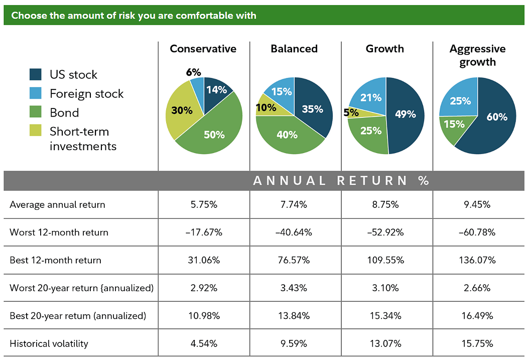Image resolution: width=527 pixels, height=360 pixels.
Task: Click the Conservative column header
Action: [x=203, y=49]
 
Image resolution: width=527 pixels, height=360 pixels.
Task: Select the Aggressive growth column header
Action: [x=477, y=55]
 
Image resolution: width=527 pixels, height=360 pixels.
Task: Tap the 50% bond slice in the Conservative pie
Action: [x=213, y=134]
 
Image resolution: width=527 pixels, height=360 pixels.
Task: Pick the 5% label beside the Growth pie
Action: [x=351, y=113]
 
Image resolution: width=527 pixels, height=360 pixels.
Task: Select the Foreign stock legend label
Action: [x=86, y=93]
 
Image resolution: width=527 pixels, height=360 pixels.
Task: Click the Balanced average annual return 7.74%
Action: [x=295, y=204]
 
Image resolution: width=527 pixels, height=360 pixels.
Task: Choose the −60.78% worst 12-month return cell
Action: [x=477, y=232]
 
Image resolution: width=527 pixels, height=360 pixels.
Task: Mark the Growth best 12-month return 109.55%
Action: [x=386, y=260]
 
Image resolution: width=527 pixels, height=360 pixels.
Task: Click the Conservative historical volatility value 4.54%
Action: [x=203, y=343]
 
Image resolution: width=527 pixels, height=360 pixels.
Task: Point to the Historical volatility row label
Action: [x=49, y=343]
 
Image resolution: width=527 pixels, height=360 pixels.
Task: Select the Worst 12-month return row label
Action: [x=59, y=232]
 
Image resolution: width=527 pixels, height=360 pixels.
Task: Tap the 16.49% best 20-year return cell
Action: [x=477, y=316]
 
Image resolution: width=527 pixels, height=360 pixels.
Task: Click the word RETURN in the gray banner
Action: [x=372, y=181]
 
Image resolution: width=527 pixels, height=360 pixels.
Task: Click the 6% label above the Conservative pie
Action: [x=193, y=72]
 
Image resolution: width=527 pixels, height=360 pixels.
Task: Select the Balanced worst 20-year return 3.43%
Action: [x=295, y=288]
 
